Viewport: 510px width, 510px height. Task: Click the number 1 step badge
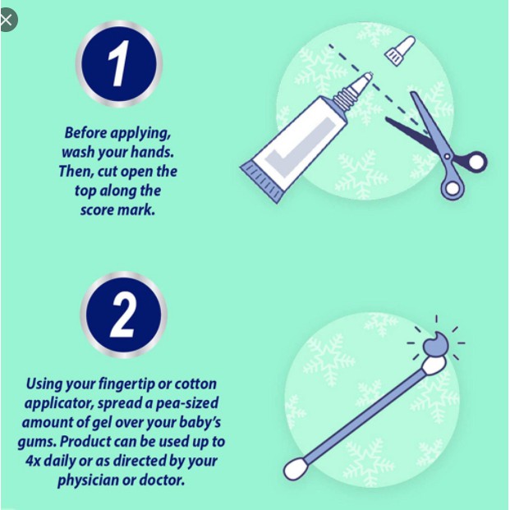(x=119, y=64)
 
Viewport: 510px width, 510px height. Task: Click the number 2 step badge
(x=123, y=315)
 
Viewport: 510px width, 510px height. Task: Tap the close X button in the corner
(x=6, y=21)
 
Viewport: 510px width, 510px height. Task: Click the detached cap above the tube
(x=400, y=50)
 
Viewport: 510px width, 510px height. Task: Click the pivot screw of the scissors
(x=448, y=157)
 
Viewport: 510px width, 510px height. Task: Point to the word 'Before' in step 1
(x=85, y=133)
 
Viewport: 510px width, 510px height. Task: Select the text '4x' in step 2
(x=33, y=461)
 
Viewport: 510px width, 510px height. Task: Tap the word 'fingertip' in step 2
(x=126, y=384)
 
